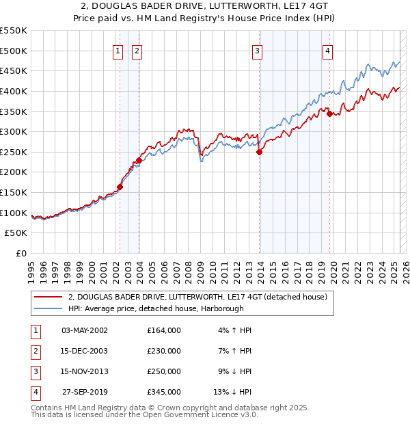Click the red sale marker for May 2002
pos(120,186)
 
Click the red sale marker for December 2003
pos(139,160)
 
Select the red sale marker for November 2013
pos(260,153)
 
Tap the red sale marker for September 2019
pos(330,114)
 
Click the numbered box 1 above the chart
pos(118,50)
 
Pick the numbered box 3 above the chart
pos(257,50)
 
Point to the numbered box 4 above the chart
pos(328,50)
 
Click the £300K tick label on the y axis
pos(14,131)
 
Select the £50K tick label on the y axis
pos(16,233)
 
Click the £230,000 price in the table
pos(164,351)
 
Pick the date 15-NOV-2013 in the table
pos(85,371)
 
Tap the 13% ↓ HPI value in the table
pos(233,392)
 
